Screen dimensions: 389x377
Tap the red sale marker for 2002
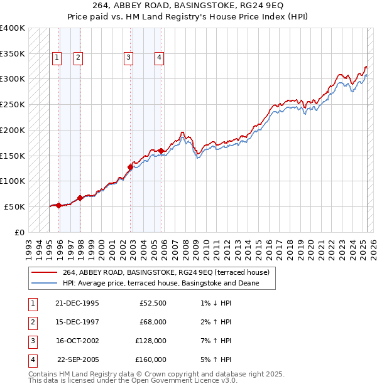[x=130, y=167]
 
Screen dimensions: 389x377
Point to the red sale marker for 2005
[x=161, y=151]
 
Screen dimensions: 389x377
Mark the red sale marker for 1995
[x=59, y=205]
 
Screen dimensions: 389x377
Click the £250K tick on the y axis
[x=13, y=104]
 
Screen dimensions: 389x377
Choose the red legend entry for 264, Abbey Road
[x=166, y=272]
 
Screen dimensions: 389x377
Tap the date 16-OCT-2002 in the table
[x=77, y=341]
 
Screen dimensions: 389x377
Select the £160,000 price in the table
[x=151, y=360]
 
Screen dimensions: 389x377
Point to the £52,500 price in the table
[x=153, y=303]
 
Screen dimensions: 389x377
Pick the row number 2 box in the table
[x=31, y=322]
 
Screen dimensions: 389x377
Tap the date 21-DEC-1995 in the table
[x=77, y=303]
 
